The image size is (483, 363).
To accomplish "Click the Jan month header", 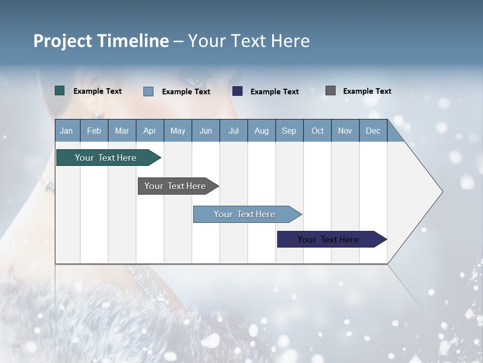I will [x=66, y=131].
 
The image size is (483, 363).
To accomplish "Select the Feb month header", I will [x=94, y=131].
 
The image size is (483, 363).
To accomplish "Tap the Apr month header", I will [x=149, y=131].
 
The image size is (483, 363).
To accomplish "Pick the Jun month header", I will [x=206, y=131].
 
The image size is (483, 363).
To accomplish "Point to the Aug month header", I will [x=261, y=131].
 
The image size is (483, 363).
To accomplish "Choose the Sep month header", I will [x=289, y=131].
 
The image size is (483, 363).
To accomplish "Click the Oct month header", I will [x=317, y=131].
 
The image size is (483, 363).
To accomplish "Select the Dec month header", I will [x=373, y=131].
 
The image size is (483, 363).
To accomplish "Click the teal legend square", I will [x=60, y=91].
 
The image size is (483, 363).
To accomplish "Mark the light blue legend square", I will [x=148, y=91].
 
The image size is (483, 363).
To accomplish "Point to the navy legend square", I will [x=237, y=91].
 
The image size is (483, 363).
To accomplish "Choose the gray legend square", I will [x=331, y=91].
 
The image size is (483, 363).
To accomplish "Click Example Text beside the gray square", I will [x=367, y=91].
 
